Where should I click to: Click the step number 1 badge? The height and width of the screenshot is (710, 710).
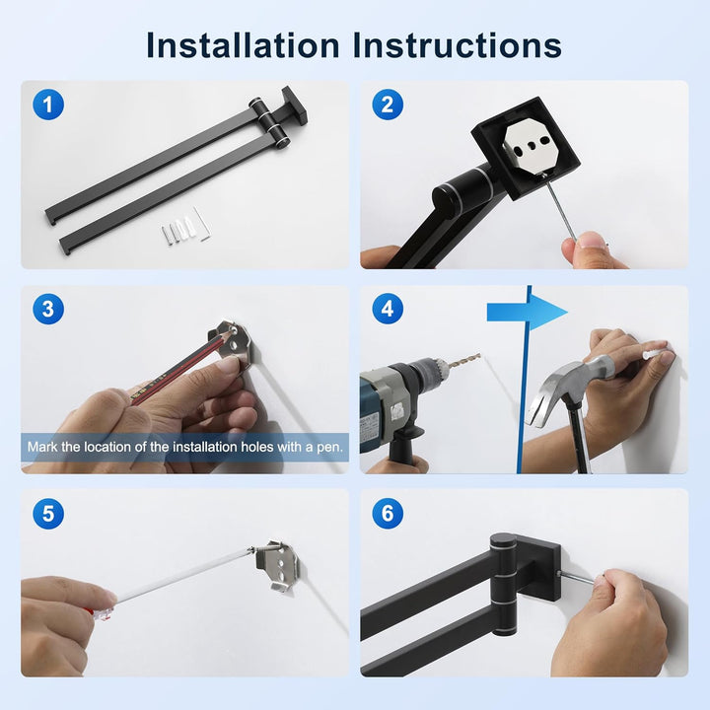pyautogui.click(x=48, y=105)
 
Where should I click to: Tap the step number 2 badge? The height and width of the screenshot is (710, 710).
pyautogui.click(x=388, y=105)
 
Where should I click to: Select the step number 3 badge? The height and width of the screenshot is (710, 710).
pyautogui.click(x=48, y=309)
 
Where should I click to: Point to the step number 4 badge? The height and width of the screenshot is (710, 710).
pyautogui.click(x=388, y=309)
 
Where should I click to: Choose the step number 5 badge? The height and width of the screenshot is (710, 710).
pyautogui.click(x=48, y=514)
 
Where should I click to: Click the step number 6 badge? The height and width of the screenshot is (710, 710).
pyautogui.click(x=388, y=514)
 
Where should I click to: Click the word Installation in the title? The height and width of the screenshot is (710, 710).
pyautogui.click(x=244, y=45)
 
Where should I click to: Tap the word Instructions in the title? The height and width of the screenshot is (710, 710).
pyautogui.click(x=458, y=45)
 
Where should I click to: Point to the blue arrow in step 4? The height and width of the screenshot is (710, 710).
pyautogui.click(x=527, y=313)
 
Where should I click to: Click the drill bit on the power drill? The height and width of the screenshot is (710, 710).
pyautogui.click(x=462, y=360)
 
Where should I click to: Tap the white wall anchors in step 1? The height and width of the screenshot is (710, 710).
pyautogui.click(x=178, y=230)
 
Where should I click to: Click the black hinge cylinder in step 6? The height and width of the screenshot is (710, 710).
pyautogui.click(x=503, y=584)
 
